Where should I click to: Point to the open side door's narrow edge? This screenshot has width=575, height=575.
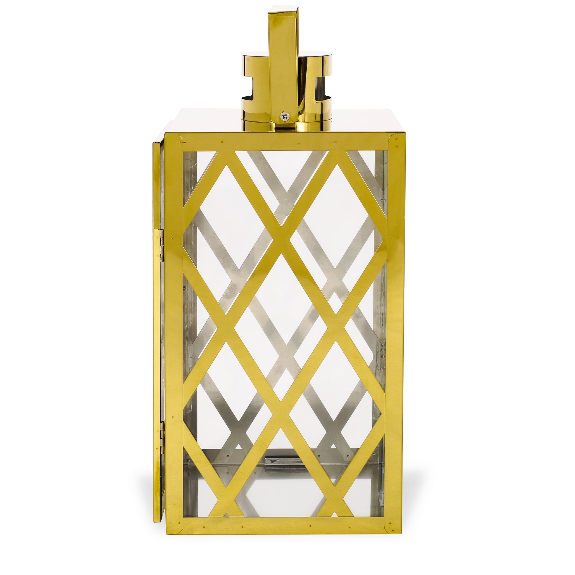click(158, 327)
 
